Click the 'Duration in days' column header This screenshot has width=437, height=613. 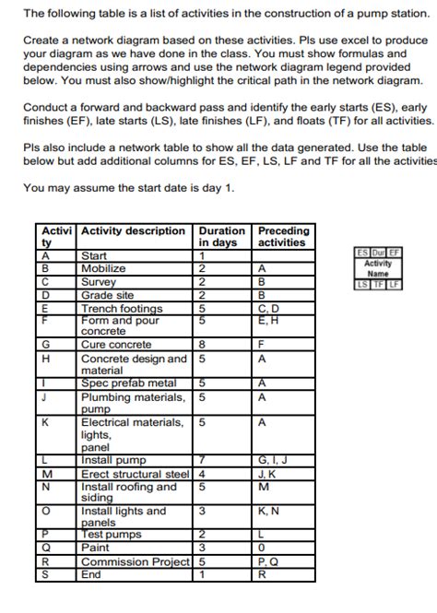tap(221, 237)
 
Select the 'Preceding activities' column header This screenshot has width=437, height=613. tap(283, 237)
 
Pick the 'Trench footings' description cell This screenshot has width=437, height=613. tap(122, 308)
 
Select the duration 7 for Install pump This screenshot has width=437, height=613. tap(202, 458)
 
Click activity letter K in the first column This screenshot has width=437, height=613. tap(46, 422)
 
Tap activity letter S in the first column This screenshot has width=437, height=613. tap(46, 572)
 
